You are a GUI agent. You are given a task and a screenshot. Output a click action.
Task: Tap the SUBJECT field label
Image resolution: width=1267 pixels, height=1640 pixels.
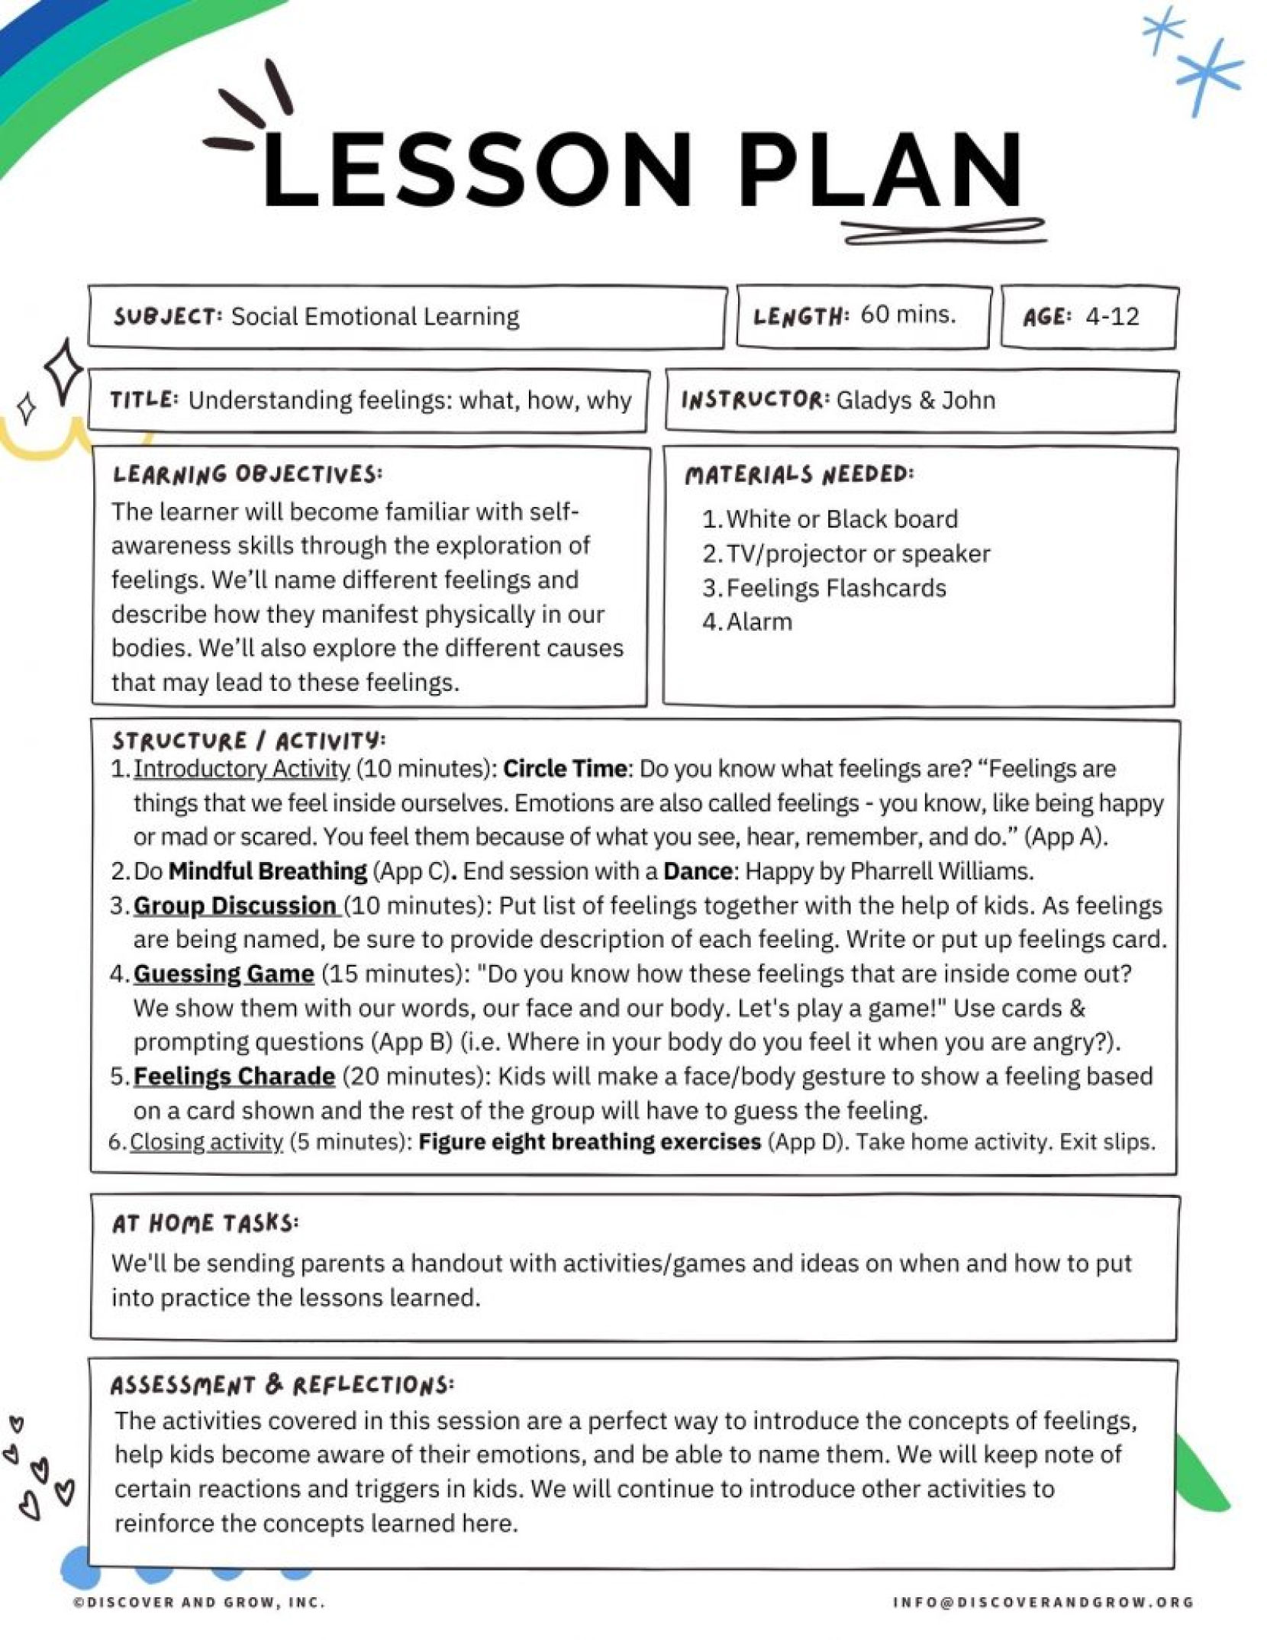(168, 316)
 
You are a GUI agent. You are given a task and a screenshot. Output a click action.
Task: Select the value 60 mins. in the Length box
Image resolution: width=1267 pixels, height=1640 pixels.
(908, 314)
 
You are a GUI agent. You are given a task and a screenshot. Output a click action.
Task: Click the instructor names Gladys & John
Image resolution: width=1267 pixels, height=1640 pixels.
(915, 400)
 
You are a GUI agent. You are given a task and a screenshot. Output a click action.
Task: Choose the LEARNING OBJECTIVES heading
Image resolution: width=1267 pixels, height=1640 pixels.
(247, 474)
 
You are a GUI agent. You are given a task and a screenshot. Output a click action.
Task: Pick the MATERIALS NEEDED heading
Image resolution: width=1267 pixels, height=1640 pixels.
(798, 475)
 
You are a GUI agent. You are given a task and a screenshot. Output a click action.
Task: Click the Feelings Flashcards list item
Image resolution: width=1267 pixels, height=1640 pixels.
(836, 588)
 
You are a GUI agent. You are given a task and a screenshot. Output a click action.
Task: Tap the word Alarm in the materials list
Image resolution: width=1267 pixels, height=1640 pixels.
(759, 622)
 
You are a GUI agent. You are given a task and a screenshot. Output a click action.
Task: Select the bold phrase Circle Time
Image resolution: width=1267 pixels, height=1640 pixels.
(565, 769)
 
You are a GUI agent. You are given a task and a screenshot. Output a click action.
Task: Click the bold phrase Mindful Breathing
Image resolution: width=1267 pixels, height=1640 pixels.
(268, 871)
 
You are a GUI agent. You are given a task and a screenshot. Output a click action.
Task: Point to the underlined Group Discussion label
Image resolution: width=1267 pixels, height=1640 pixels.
(235, 906)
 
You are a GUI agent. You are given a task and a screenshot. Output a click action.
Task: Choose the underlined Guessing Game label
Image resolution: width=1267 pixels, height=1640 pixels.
(224, 974)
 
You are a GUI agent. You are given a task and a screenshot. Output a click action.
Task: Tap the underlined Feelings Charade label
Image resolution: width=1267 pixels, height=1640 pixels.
(234, 1077)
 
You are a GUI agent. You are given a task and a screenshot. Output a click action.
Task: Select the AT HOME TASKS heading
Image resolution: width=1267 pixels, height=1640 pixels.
(205, 1224)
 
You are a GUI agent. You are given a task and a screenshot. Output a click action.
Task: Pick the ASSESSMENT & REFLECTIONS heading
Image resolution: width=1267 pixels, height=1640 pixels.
(282, 1385)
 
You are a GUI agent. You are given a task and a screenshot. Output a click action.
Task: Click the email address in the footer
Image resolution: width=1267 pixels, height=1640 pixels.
(1043, 1602)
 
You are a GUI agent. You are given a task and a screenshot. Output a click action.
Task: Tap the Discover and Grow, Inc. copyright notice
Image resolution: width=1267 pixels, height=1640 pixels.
(199, 1602)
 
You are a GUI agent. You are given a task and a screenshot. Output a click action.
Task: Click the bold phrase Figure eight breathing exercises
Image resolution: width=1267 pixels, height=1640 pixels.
(589, 1142)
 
